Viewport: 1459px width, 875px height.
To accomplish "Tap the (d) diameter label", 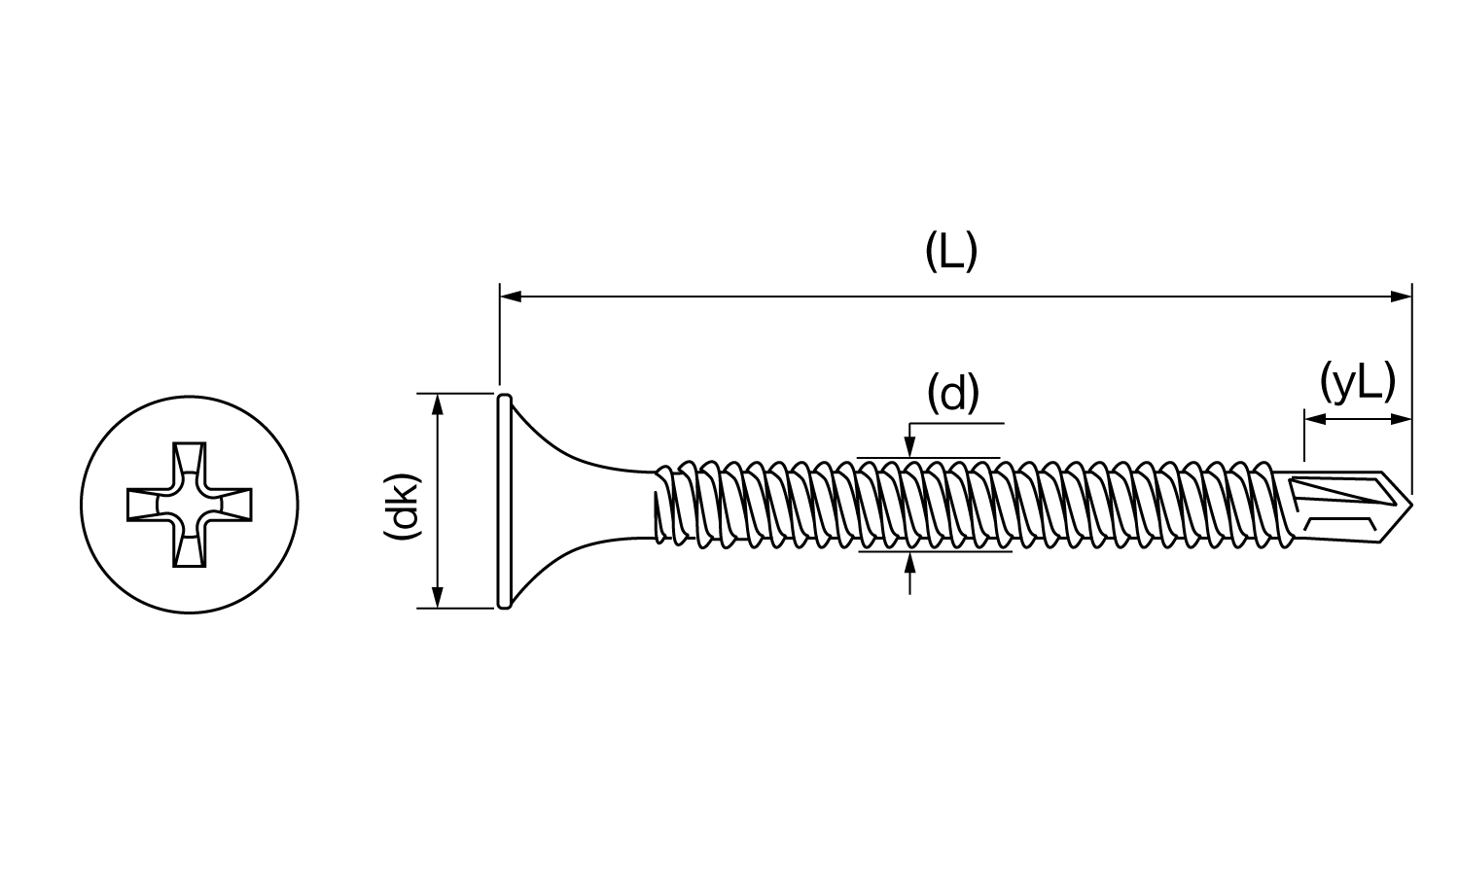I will (952, 394).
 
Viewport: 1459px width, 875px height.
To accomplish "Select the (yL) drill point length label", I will (1358, 382).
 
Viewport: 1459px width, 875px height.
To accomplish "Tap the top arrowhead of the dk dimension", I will (438, 402).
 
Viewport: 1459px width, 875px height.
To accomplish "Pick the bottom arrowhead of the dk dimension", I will (438, 599).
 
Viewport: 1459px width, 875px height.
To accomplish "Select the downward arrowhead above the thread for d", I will (909, 448).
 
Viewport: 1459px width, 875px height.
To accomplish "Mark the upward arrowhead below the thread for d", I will (909, 561).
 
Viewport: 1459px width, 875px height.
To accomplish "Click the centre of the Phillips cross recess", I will (190, 505).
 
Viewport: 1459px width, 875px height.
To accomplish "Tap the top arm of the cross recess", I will (190, 458).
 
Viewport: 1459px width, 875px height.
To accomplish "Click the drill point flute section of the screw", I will (1347, 505).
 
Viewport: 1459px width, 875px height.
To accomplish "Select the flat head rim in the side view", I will (504, 501).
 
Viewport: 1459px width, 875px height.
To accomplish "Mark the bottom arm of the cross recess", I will (190, 551).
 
